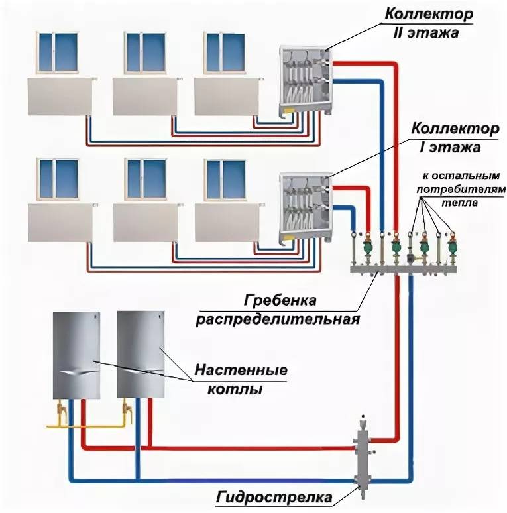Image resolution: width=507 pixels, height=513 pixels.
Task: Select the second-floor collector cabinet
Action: (x=304, y=80)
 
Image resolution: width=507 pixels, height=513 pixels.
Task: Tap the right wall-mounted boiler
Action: (x=139, y=355)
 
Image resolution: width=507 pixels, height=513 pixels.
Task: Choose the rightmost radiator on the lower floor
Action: (x=229, y=223)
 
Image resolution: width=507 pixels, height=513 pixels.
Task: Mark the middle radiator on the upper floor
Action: (x=143, y=97)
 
